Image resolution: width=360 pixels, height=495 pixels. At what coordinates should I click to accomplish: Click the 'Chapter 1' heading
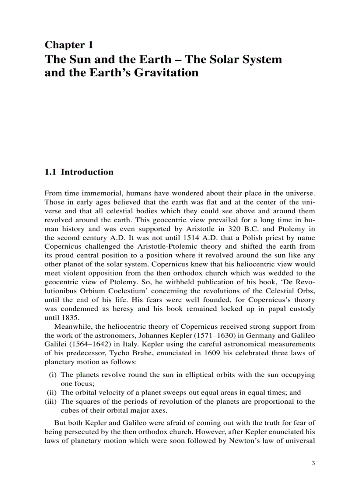coord(69,45)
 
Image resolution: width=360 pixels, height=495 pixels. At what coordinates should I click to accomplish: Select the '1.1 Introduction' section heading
coord(79,172)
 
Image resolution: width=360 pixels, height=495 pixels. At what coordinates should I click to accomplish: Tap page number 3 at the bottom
coord(313,463)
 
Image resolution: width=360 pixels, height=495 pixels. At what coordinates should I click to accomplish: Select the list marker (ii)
coord(52,392)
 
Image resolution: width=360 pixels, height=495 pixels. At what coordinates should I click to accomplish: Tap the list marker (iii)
coord(52,401)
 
